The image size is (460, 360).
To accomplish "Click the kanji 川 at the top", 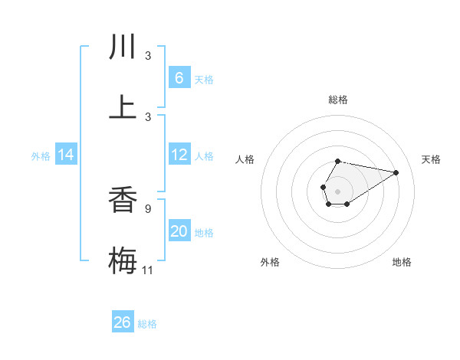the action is point(123,47).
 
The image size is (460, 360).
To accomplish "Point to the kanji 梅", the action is point(123,259).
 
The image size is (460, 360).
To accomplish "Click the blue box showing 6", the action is point(179,78).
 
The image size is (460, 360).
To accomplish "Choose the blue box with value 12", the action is point(179,155).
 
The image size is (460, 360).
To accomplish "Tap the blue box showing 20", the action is point(179,231).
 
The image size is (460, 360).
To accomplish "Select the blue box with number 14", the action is point(66,155).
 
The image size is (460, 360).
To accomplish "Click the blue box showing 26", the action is point(123,322).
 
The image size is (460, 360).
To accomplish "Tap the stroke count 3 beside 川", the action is point(148,55).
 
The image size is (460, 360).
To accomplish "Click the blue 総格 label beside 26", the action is point(147,324).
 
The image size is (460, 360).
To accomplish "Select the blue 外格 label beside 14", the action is point(41,156).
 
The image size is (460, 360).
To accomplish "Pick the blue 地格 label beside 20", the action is point(204,233).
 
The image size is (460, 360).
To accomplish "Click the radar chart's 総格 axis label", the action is point(337,100).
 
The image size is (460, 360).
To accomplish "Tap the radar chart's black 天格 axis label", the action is point(432,159).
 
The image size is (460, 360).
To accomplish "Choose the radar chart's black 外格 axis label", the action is point(270,262).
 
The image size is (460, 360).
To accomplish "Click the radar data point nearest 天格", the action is point(396,172).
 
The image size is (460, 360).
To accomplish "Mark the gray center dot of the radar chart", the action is point(337,191).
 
